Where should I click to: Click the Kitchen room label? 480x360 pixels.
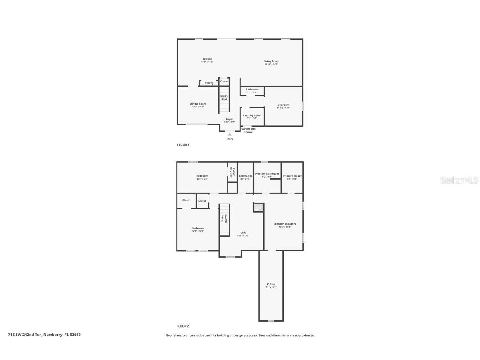[207, 59]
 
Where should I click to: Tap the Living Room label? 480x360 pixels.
[271, 61]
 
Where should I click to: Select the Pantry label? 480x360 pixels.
[209, 83]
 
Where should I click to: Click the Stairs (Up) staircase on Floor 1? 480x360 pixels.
[224, 100]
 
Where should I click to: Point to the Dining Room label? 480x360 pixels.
[198, 104]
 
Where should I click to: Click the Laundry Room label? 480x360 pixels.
[252, 115]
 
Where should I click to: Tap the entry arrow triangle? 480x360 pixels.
[230, 134]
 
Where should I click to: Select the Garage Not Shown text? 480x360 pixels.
[248, 130]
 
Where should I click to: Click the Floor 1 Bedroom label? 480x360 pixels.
[283, 105]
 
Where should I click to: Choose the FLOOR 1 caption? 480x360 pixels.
[183, 145]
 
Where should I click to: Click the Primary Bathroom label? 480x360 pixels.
[267, 174]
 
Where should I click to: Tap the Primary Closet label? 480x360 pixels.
[292, 176]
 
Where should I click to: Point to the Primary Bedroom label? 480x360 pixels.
[285, 224]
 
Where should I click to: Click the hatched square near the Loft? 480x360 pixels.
[258, 207]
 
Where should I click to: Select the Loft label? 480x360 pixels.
[243, 232]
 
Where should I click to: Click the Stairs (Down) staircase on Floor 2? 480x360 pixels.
[225, 220]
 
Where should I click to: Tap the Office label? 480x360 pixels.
[271, 284]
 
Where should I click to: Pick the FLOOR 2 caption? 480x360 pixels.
[183, 326]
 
